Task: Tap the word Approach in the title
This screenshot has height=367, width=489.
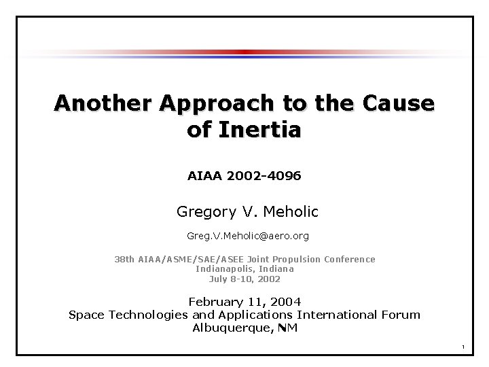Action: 215,103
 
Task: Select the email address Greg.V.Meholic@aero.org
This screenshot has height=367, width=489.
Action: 244,237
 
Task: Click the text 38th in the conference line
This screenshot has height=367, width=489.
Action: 124,259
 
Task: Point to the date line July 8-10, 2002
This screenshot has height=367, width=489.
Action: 244,279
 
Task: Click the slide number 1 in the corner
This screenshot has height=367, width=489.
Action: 462,349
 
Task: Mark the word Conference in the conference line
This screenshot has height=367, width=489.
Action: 350,259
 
